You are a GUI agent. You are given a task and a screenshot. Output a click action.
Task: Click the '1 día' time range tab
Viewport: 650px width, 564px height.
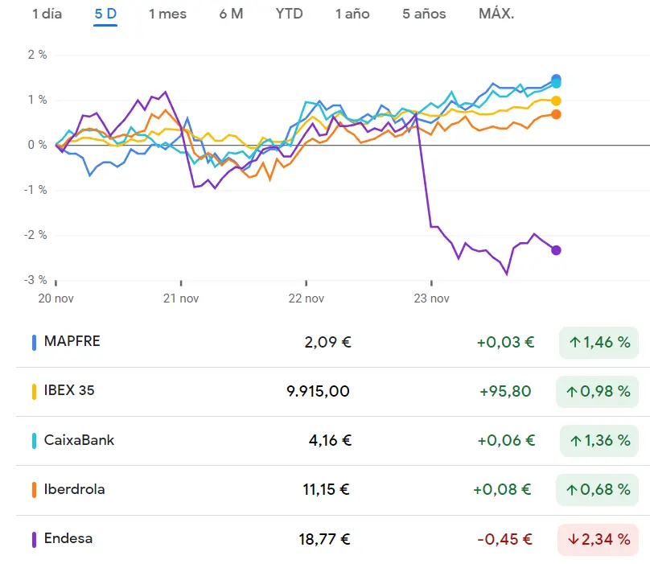(x=47, y=14)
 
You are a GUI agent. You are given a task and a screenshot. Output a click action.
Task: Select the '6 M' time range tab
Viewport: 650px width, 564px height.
(x=231, y=14)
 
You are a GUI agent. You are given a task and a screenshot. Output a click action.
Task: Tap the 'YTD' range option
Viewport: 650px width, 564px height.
(x=289, y=14)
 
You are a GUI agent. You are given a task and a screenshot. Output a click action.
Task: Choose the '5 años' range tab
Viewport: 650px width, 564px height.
(x=424, y=14)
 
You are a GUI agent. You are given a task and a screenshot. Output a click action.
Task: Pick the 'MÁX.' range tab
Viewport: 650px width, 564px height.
(x=496, y=14)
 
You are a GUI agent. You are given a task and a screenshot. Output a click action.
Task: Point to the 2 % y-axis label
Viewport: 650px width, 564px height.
(x=37, y=55)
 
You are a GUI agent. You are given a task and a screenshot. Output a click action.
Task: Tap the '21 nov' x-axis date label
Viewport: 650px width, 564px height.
(x=181, y=298)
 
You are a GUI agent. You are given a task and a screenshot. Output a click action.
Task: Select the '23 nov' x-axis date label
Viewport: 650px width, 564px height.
(x=431, y=298)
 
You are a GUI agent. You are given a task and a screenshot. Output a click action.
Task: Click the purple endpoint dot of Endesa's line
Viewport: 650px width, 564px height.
(x=556, y=250)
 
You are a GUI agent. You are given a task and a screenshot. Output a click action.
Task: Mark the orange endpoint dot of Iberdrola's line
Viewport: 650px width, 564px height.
(x=556, y=114)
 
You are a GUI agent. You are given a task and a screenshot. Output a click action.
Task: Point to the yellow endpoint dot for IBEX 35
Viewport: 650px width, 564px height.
(x=556, y=101)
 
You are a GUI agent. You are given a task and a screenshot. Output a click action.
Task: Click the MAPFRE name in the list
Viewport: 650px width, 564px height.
(x=72, y=341)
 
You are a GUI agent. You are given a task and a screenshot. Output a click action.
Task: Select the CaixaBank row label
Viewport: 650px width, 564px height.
(x=79, y=440)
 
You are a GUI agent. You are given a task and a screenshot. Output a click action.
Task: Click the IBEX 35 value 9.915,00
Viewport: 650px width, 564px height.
(x=319, y=391)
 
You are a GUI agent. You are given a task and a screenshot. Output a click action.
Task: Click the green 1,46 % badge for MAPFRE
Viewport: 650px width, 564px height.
(x=599, y=342)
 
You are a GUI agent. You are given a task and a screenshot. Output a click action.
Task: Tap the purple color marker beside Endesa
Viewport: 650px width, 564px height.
(x=34, y=539)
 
